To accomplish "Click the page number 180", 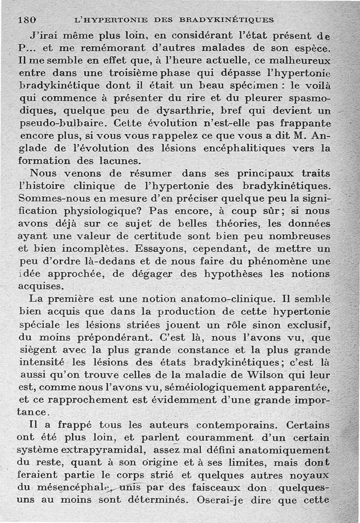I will point(27,20).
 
